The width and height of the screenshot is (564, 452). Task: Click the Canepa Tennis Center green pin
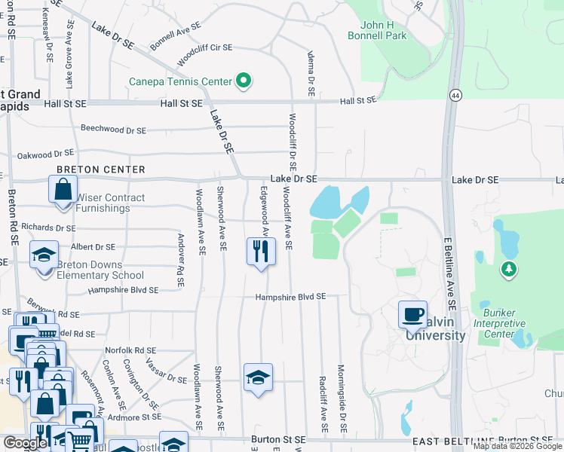(243, 81)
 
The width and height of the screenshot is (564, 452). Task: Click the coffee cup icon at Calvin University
(412, 315)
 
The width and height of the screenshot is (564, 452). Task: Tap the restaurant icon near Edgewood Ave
(260, 251)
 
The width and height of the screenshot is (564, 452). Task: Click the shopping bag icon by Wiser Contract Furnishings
(63, 189)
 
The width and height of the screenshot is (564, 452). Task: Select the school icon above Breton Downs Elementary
(44, 255)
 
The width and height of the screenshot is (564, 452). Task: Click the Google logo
(25, 443)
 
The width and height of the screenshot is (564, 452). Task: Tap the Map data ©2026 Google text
(517, 446)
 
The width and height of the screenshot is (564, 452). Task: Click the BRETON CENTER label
(101, 169)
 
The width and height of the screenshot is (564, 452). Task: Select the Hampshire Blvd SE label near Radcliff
(290, 297)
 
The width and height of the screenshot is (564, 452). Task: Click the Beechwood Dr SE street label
(112, 130)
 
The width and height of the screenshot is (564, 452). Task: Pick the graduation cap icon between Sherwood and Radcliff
(257, 377)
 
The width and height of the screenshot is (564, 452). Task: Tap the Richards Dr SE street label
(48, 228)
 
